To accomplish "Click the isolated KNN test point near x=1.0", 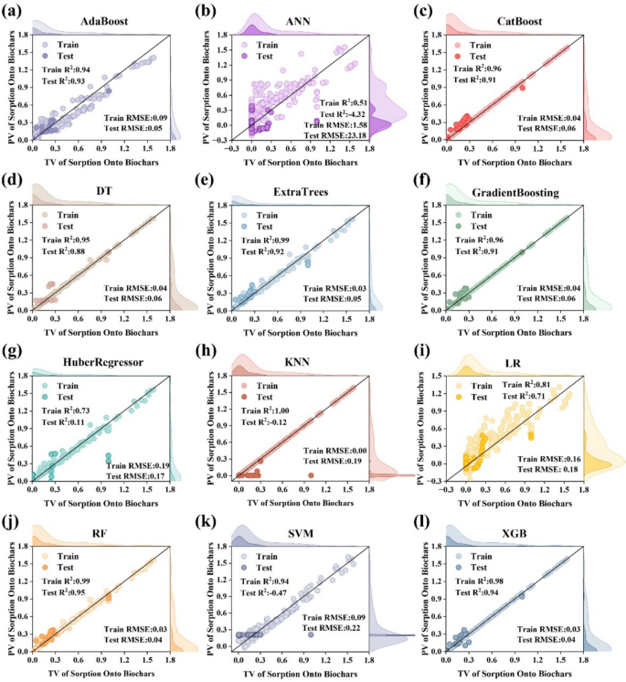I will pyautogui.click(x=311, y=474).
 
